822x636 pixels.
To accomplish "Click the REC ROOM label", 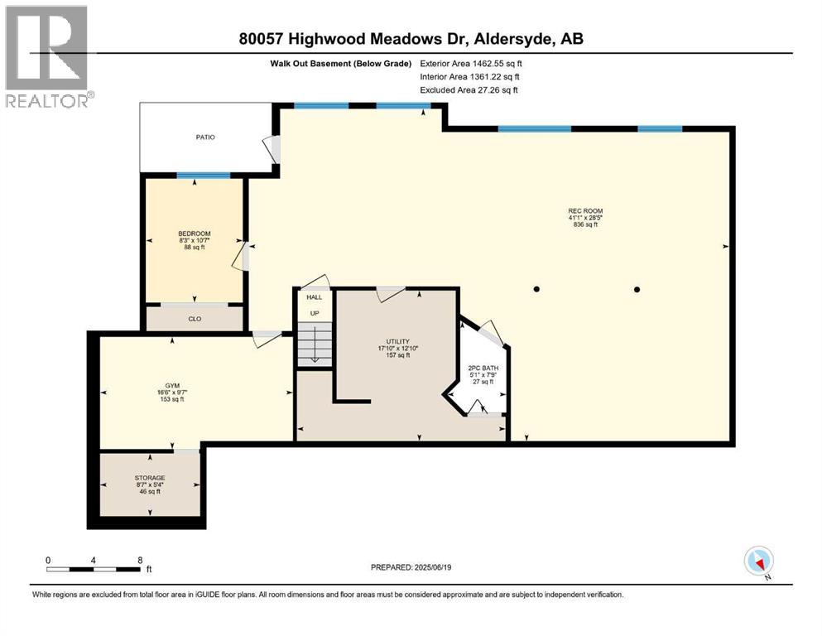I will pyautogui.click(x=584, y=210).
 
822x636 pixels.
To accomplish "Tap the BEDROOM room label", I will pyautogui.click(x=195, y=234).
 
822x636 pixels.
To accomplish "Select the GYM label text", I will pyautogui.click(x=172, y=386).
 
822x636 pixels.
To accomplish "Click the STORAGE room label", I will pyautogui.click(x=150, y=478).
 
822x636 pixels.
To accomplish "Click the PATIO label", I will pyautogui.click(x=205, y=137).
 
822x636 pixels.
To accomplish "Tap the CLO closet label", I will pyautogui.click(x=195, y=317).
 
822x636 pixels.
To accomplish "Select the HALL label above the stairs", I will pyautogui.click(x=315, y=296).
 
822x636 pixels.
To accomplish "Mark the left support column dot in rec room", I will pyautogui.click(x=536, y=289).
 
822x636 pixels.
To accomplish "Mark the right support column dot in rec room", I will pyautogui.click(x=637, y=289).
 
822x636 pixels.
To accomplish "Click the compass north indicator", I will pyautogui.click(x=759, y=561).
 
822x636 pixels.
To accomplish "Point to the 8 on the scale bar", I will pyautogui.click(x=140, y=560).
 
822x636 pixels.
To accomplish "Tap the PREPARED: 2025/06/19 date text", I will pyautogui.click(x=411, y=567).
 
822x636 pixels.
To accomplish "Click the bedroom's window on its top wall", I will pyautogui.click(x=204, y=175).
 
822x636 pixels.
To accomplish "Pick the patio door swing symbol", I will pyautogui.click(x=272, y=149).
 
